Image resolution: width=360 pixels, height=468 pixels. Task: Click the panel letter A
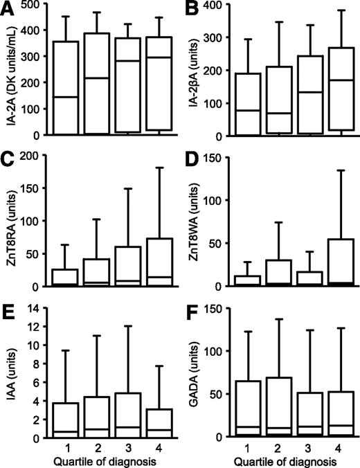coord(9,8)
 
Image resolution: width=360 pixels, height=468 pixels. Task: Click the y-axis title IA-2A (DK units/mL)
coord(11,75)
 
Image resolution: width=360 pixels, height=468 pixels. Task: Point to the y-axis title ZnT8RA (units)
coord(11,223)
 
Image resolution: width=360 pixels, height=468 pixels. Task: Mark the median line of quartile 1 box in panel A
coord(66,97)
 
